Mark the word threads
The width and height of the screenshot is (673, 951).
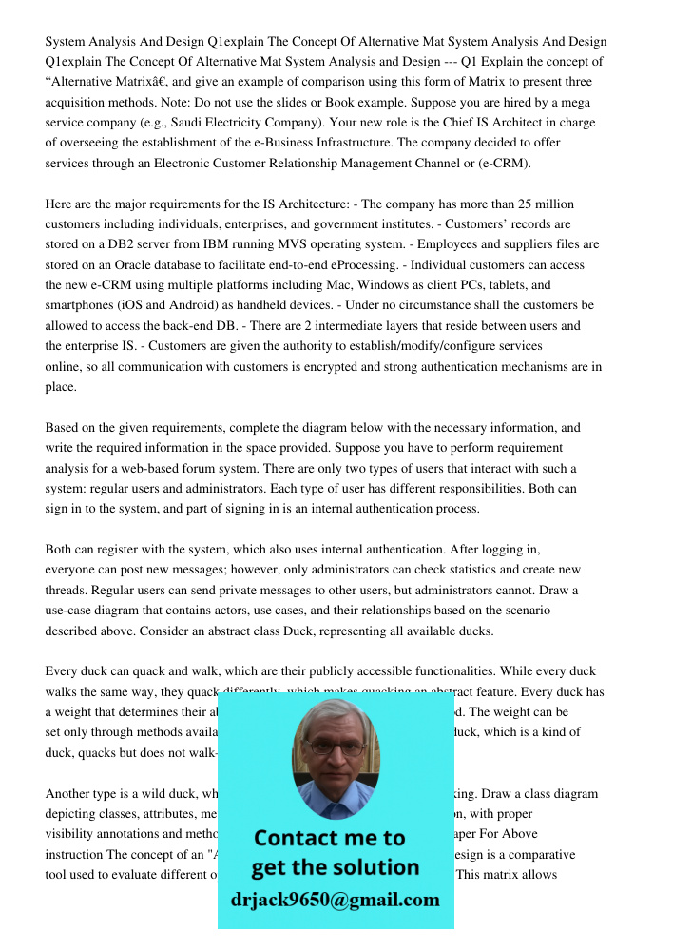pos(70,590)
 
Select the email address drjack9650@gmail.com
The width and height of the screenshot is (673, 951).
pos(335,900)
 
